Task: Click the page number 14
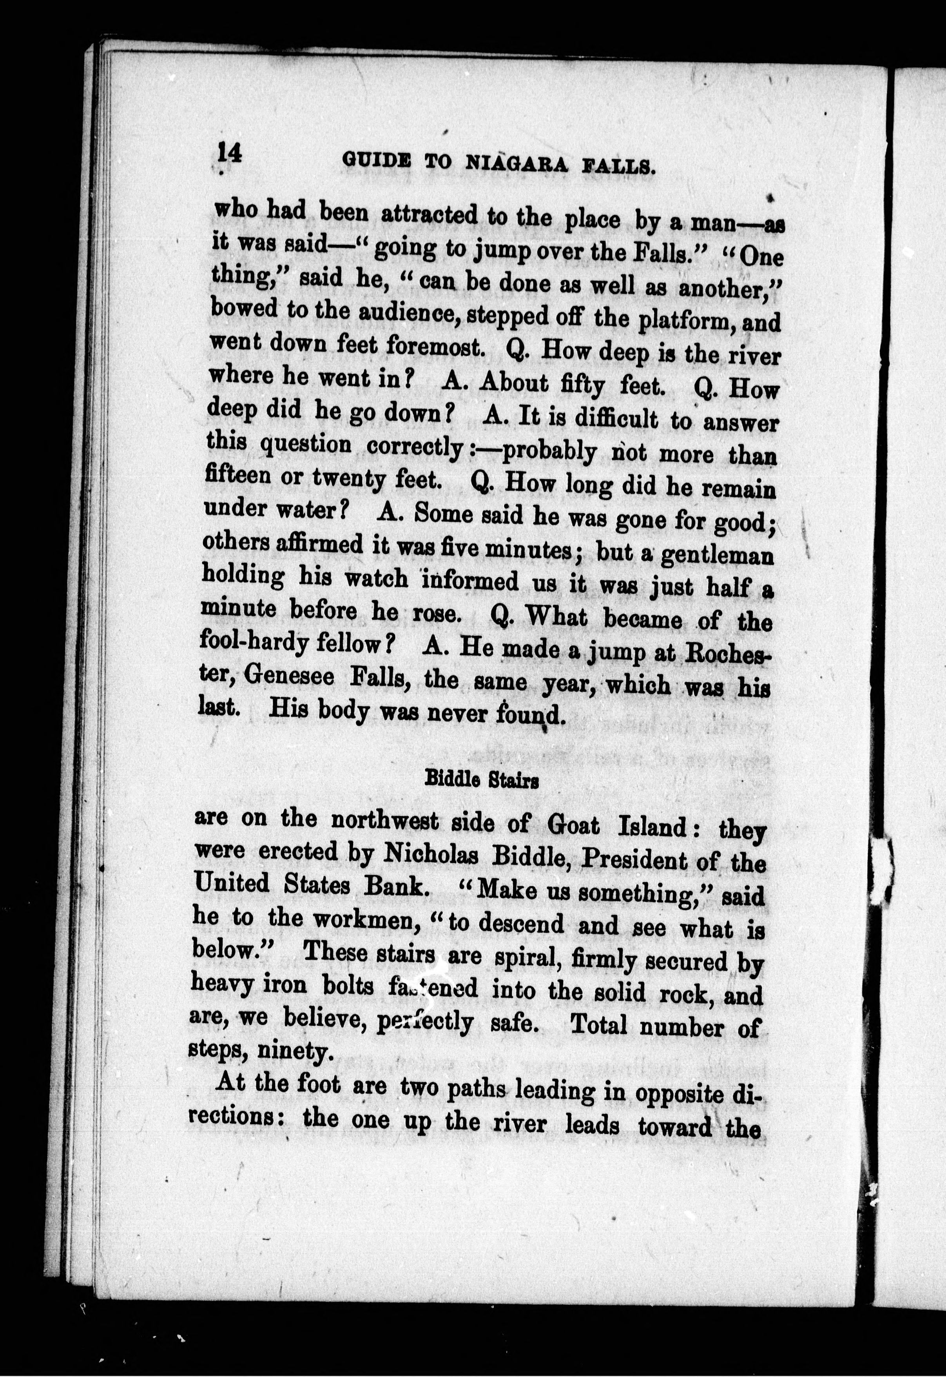coord(229,154)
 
